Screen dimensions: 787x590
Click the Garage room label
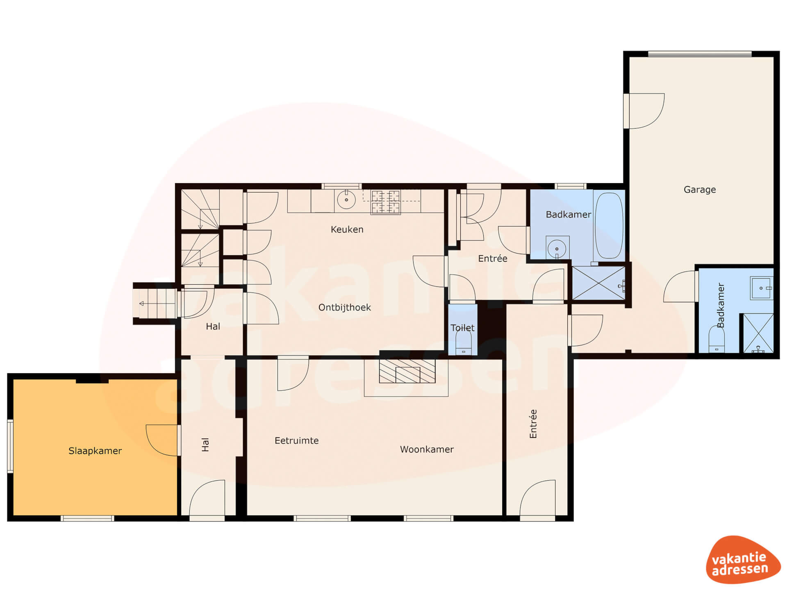point(700,189)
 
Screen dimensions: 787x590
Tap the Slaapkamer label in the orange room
point(95,451)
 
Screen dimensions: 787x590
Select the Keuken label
point(347,229)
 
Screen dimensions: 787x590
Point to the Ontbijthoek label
point(345,307)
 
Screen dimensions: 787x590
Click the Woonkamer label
point(427,449)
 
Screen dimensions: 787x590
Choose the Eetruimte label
point(297,440)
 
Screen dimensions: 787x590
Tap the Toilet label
point(462,328)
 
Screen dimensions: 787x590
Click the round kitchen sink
point(346,200)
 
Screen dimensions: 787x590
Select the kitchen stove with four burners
point(385,202)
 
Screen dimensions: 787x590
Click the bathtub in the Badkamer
point(609,225)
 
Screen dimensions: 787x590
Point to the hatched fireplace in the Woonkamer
point(407,371)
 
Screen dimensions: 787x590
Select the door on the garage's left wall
point(644,111)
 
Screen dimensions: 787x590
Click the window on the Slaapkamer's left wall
point(10,446)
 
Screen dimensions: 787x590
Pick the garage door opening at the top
point(700,54)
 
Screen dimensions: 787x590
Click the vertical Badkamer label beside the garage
point(721,305)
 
